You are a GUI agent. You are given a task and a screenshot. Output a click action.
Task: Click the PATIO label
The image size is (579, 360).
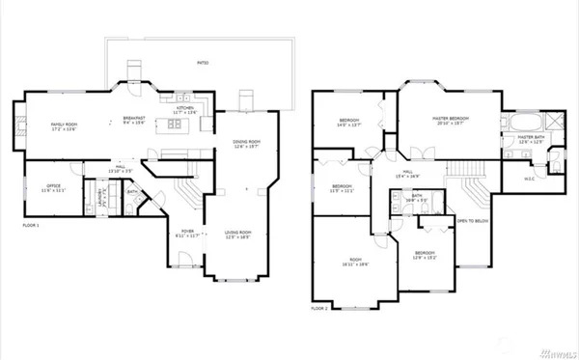pos(203,63)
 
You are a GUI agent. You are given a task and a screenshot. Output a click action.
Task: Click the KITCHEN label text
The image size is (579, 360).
pos(184,109)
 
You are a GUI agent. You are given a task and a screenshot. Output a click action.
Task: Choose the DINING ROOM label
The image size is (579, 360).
pos(247,143)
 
